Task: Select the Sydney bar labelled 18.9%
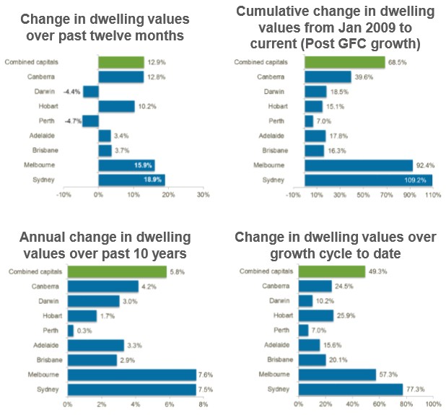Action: pos(131,180)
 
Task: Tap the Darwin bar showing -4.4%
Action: pos(90,92)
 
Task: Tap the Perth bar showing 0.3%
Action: pos(71,331)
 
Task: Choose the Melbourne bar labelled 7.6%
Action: pos(131,375)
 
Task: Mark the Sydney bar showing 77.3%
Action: pos(349,389)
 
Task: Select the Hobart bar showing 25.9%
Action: pos(313,315)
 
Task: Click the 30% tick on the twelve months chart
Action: pos(203,195)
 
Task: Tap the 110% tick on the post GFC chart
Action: pos(432,195)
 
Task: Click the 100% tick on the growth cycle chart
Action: pos(432,404)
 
